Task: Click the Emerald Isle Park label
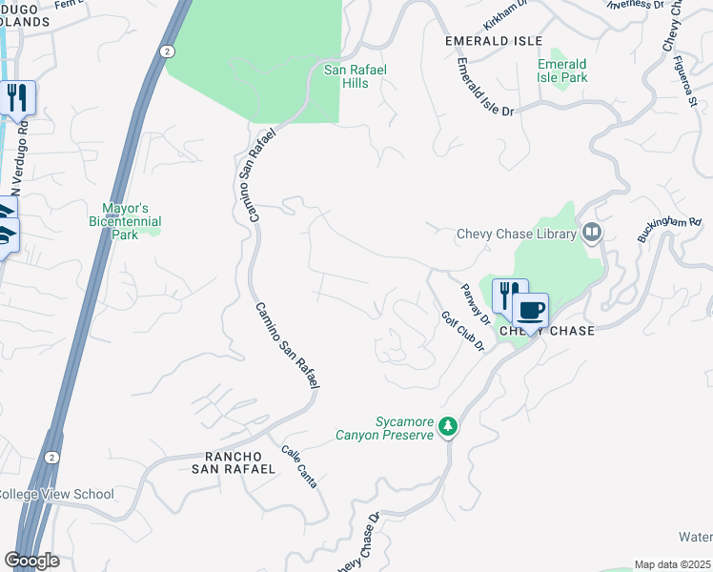[561, 71]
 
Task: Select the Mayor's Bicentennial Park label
[132, 221]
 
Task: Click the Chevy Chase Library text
[517, 234]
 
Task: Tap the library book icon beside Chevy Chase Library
[592, 233]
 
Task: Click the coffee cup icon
[530, 310]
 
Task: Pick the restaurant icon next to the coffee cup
[510, 295]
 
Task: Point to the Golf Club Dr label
[463, 332]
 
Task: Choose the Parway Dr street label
[475, 303]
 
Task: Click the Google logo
[32, 561]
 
